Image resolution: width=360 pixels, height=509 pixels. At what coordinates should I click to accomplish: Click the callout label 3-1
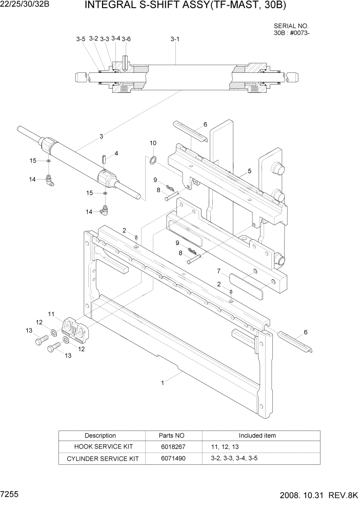click(174, 39)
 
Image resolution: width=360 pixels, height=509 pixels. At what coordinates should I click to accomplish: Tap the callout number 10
click(153, 143)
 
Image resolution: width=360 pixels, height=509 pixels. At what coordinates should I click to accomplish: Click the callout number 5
click(249, 171)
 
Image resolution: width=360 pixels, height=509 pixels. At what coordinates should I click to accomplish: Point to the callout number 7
click(218, 270)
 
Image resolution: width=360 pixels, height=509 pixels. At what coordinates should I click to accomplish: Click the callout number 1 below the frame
click(163, 382)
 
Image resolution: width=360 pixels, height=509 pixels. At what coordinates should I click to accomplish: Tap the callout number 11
click(51, 314)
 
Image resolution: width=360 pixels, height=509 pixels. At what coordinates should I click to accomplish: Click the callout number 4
click(116, 153)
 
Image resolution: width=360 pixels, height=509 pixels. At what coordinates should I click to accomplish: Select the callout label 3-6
click(126, 39)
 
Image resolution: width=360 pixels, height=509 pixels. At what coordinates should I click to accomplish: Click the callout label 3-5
click(81, 39)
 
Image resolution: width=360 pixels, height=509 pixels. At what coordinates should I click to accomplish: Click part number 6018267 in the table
click(172, 447)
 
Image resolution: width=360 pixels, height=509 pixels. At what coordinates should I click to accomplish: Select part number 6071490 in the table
click(172, 458)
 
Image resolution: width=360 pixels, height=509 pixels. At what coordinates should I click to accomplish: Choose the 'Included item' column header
click(257, 436)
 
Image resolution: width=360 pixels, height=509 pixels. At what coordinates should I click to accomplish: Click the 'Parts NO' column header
click(172, 436)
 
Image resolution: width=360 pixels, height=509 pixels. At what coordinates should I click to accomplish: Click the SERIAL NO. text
click(291, 26)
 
